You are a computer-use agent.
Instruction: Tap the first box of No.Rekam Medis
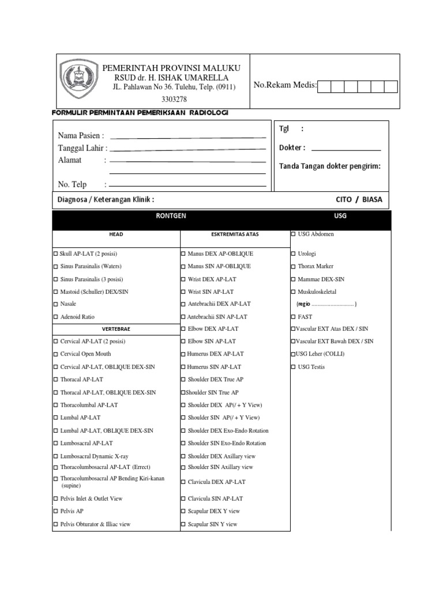point(325,86)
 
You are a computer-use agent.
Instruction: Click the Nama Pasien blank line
point(187,137)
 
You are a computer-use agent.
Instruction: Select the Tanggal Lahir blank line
point(187,149)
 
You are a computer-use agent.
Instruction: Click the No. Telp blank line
point(187,186)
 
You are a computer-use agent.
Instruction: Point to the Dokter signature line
point(344,149)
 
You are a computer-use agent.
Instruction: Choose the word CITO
point(344,199)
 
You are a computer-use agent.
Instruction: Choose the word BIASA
point(372,199)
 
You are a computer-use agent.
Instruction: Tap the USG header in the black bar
point(340,215)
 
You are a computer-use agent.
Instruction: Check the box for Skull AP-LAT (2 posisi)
point(56,254)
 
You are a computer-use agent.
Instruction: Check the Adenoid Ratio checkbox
point(56,317)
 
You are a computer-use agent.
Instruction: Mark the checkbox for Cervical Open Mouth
point(56,354)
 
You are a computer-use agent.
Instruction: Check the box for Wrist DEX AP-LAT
point(183,279)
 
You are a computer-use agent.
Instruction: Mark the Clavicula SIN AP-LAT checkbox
point(183,499)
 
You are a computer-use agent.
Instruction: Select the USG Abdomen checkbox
point(294,235)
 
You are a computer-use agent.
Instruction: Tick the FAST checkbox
point(294,317)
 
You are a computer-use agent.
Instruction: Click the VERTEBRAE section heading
point(116,329)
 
